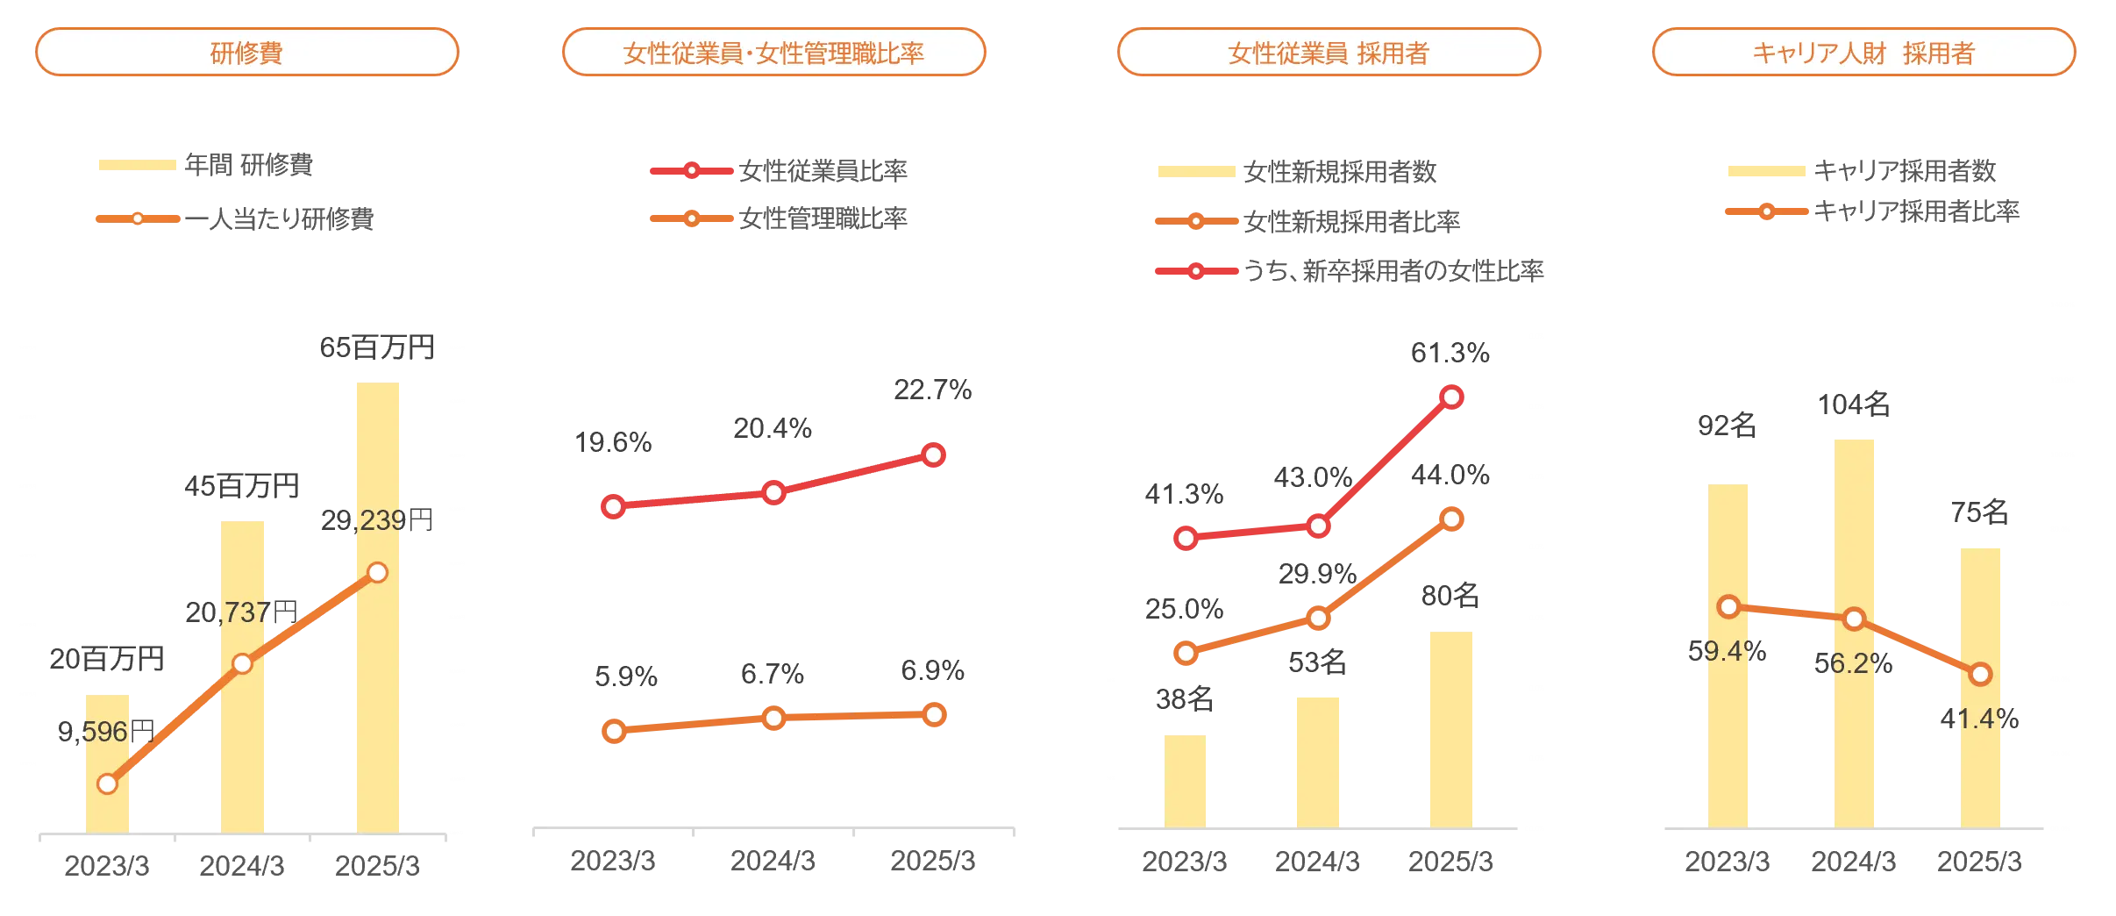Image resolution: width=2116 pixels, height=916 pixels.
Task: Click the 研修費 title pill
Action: (x=246, y=53)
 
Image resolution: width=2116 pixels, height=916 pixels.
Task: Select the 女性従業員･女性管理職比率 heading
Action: (x=773, y=53)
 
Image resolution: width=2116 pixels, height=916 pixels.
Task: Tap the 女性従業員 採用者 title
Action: (x=1329, y=53)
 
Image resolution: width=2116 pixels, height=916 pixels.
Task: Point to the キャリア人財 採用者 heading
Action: (x=1863, y=53)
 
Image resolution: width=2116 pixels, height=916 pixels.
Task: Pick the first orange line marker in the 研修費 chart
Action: (x=108, y=784)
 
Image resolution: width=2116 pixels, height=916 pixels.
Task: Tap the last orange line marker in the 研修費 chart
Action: (x=377, y=573)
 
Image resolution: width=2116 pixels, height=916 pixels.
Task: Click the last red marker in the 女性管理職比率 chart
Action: (x=934, y=454)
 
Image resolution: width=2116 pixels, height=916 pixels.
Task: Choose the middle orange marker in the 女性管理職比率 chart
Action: (x=773, y=718)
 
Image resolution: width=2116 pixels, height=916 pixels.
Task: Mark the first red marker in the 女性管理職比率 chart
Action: (x=614, y=506)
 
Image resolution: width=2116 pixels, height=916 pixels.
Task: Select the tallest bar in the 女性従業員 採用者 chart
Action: (x=1450, y=728)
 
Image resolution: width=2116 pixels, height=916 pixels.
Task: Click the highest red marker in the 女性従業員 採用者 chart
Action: (x=1451, y=397)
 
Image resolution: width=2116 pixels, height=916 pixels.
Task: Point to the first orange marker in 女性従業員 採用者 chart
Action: (x=1186, y=653)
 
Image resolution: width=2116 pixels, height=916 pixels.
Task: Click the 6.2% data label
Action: (x=1852, y=663)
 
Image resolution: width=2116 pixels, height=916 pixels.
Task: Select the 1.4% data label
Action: (x=1978, y=719)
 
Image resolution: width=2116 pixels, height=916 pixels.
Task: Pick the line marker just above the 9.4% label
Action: (x=1728, y=606)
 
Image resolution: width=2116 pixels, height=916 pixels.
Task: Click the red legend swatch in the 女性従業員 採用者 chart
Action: (x=1194, y=271)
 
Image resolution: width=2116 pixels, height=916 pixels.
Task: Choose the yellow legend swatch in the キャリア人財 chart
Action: (x=1766, y=170)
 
